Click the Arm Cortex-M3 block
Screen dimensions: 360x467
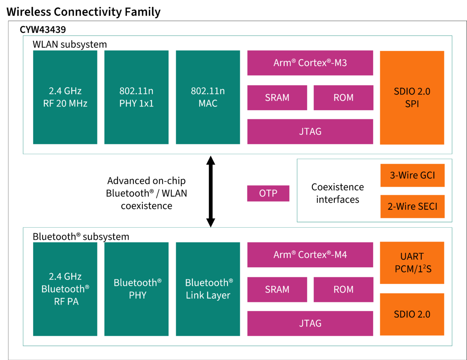(x=310, y=63)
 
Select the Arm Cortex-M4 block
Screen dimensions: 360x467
(x=310, y=255)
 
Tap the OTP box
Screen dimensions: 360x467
(x=268, y=193)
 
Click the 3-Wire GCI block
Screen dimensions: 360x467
(x=412, y=175)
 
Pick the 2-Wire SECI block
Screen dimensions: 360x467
(x=412, y=206)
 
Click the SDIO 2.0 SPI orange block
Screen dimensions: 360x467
(x=412, y=98)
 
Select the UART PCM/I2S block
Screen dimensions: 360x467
(x=412, y=262)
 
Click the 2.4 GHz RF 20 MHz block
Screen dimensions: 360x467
(x=65, y=97)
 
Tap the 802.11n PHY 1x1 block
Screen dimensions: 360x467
(x=136, y=97)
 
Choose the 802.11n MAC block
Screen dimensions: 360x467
(x=208, y=97)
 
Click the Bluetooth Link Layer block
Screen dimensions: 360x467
(x=208, y=289)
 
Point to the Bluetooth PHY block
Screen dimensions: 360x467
(x=136, y=289)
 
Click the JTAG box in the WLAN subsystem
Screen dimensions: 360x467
(x=310, y=131)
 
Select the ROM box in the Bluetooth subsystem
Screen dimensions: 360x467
(x=343, y=289)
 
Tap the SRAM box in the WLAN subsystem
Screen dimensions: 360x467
(x=277, y=98)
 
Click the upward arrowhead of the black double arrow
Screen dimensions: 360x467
(x=210, y=161)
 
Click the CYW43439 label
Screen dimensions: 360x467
(x=43, y=29)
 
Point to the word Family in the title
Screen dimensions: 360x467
(x=142, y=12)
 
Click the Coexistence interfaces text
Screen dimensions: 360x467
(x=337, y=193)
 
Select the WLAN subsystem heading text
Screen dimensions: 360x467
(x=69, y=44)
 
